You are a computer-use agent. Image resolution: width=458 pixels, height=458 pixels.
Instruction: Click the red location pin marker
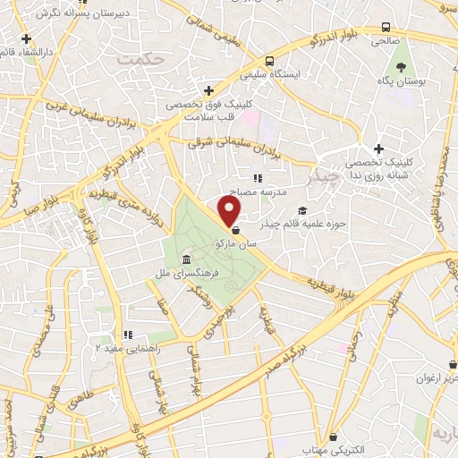pos(231,211)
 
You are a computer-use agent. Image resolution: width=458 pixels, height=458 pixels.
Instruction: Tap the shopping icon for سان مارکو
pos(233,230)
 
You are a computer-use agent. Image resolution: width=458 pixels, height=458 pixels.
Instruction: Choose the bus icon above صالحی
pos(386,28)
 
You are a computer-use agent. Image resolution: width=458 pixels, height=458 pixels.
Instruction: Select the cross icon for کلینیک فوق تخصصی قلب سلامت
pos(208,90)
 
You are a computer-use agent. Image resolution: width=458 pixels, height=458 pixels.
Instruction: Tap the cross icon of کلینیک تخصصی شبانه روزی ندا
pos(379,148)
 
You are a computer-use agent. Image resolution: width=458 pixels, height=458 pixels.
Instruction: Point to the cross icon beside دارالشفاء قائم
pos(28,39)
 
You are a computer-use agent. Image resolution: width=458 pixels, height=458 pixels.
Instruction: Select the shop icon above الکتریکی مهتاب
pos(335,437)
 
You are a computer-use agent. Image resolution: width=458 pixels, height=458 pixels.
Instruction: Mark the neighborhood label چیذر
pos(320,176)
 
